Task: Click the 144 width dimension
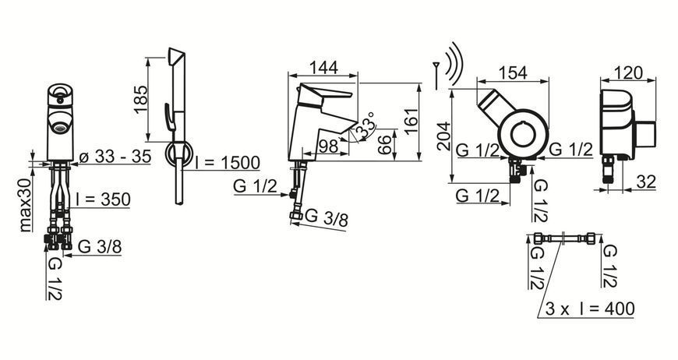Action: pyautogui.click(x=323, y=68)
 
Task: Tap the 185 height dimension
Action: pyautogui.click(x=141, y=100)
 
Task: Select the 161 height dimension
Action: pyautogui.click(x=411, y=122)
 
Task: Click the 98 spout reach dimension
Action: pyautogui.click(x=328, y=146)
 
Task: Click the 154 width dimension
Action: pyautogui.click(x=513, y=72)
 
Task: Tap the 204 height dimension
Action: pyautogui.click(x=443, y=136)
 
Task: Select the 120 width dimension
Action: pyautogui.click(x=628, y=72)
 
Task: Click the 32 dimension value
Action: pyautogui.click(x=646, y=182)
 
